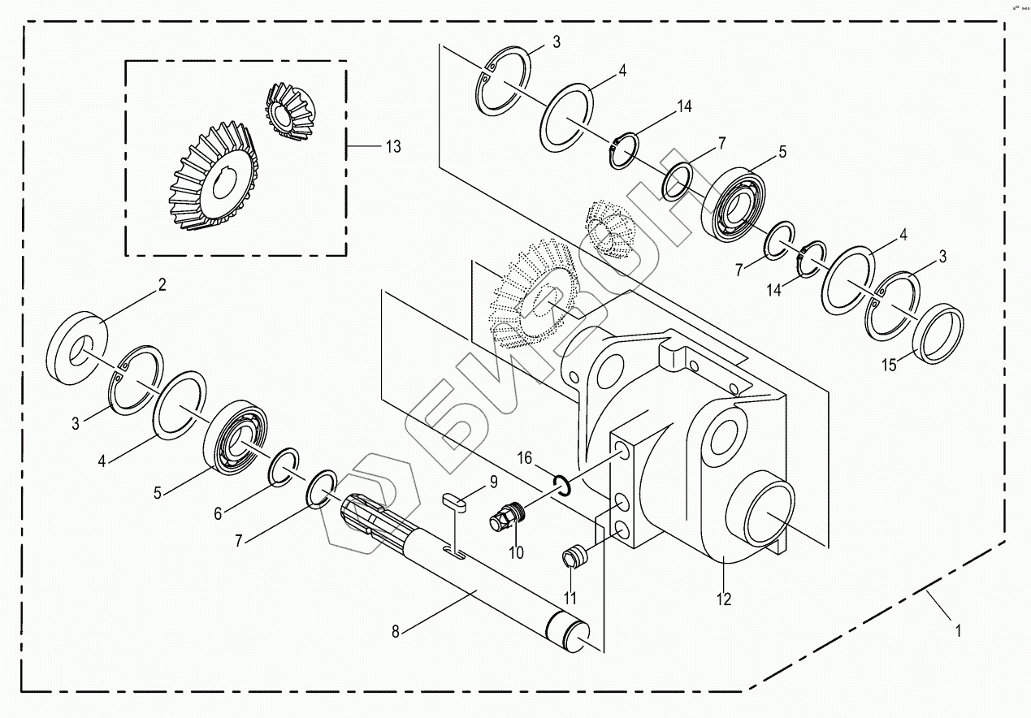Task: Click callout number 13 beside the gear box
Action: click(393, 147)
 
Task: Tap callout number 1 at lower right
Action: click(959, 630)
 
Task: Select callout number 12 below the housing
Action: click(724, 599)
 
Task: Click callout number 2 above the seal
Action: click(162, 285)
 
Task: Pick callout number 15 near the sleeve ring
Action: click(890, 365)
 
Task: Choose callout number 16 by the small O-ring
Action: click(525, 459)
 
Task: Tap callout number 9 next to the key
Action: click(492, 482)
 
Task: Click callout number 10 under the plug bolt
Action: click(517, 552)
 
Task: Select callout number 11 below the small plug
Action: click(570, 599)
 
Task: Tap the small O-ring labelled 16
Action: click(561, 484)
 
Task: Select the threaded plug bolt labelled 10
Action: click(508, 516)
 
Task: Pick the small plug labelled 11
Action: click(574, 557)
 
